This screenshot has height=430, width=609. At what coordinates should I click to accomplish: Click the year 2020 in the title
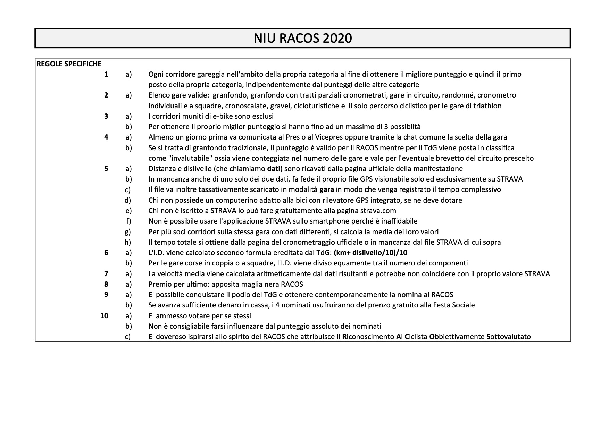337,38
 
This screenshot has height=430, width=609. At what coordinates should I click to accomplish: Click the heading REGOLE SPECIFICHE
69,64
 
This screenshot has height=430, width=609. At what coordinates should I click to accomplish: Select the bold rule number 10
104,316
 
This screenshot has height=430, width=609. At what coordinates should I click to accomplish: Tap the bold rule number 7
106,274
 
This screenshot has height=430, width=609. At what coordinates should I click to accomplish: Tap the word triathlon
487,106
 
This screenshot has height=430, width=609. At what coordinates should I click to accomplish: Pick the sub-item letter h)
128,242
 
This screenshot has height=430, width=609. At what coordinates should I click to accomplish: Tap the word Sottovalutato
509,337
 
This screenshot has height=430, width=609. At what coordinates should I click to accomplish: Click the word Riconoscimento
368,337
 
